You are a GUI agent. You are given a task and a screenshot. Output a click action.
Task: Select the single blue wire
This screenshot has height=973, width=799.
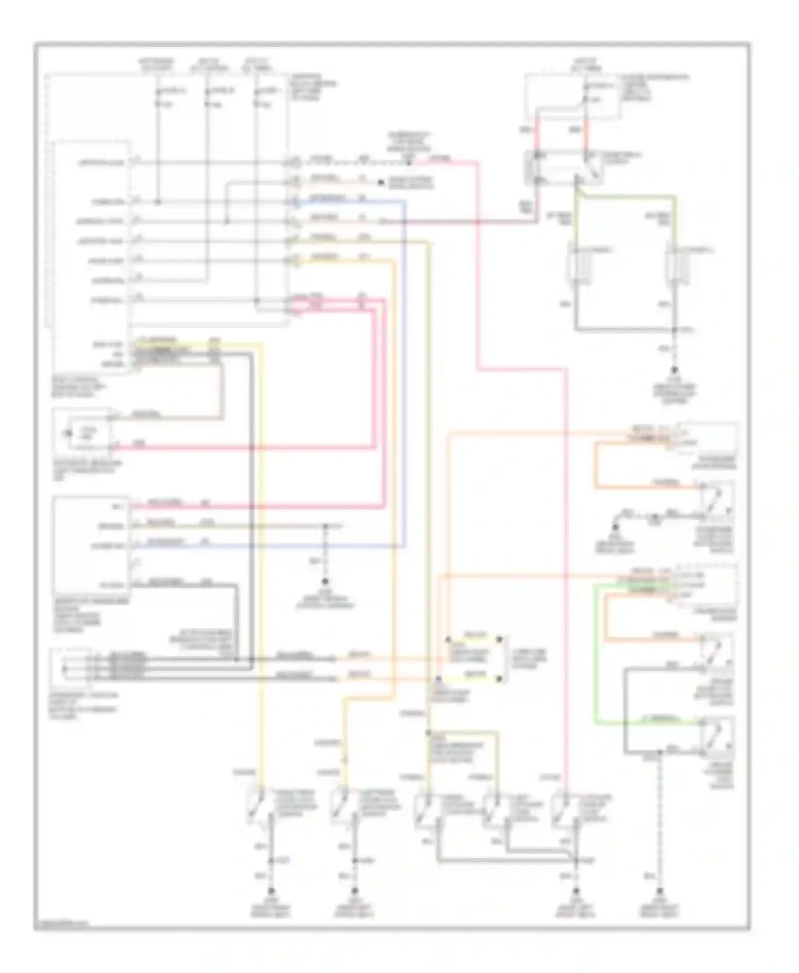coord(405,373)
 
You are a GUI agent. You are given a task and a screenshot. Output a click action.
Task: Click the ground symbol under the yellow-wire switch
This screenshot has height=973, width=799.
coord(271,890)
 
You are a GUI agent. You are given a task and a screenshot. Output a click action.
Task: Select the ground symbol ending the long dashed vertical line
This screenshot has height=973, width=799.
coord(659,890)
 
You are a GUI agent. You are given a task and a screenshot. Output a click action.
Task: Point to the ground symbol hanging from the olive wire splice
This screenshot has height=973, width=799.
coord(325,582)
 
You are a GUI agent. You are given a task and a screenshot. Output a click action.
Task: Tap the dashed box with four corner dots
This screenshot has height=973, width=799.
coord(474,658)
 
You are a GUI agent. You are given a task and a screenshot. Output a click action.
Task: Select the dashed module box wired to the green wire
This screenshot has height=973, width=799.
coord(706,586)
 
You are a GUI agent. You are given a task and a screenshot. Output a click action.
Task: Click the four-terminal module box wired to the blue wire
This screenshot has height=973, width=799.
coord(91,546)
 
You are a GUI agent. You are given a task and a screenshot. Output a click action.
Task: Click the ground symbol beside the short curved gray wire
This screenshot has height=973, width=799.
coord(615,527)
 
